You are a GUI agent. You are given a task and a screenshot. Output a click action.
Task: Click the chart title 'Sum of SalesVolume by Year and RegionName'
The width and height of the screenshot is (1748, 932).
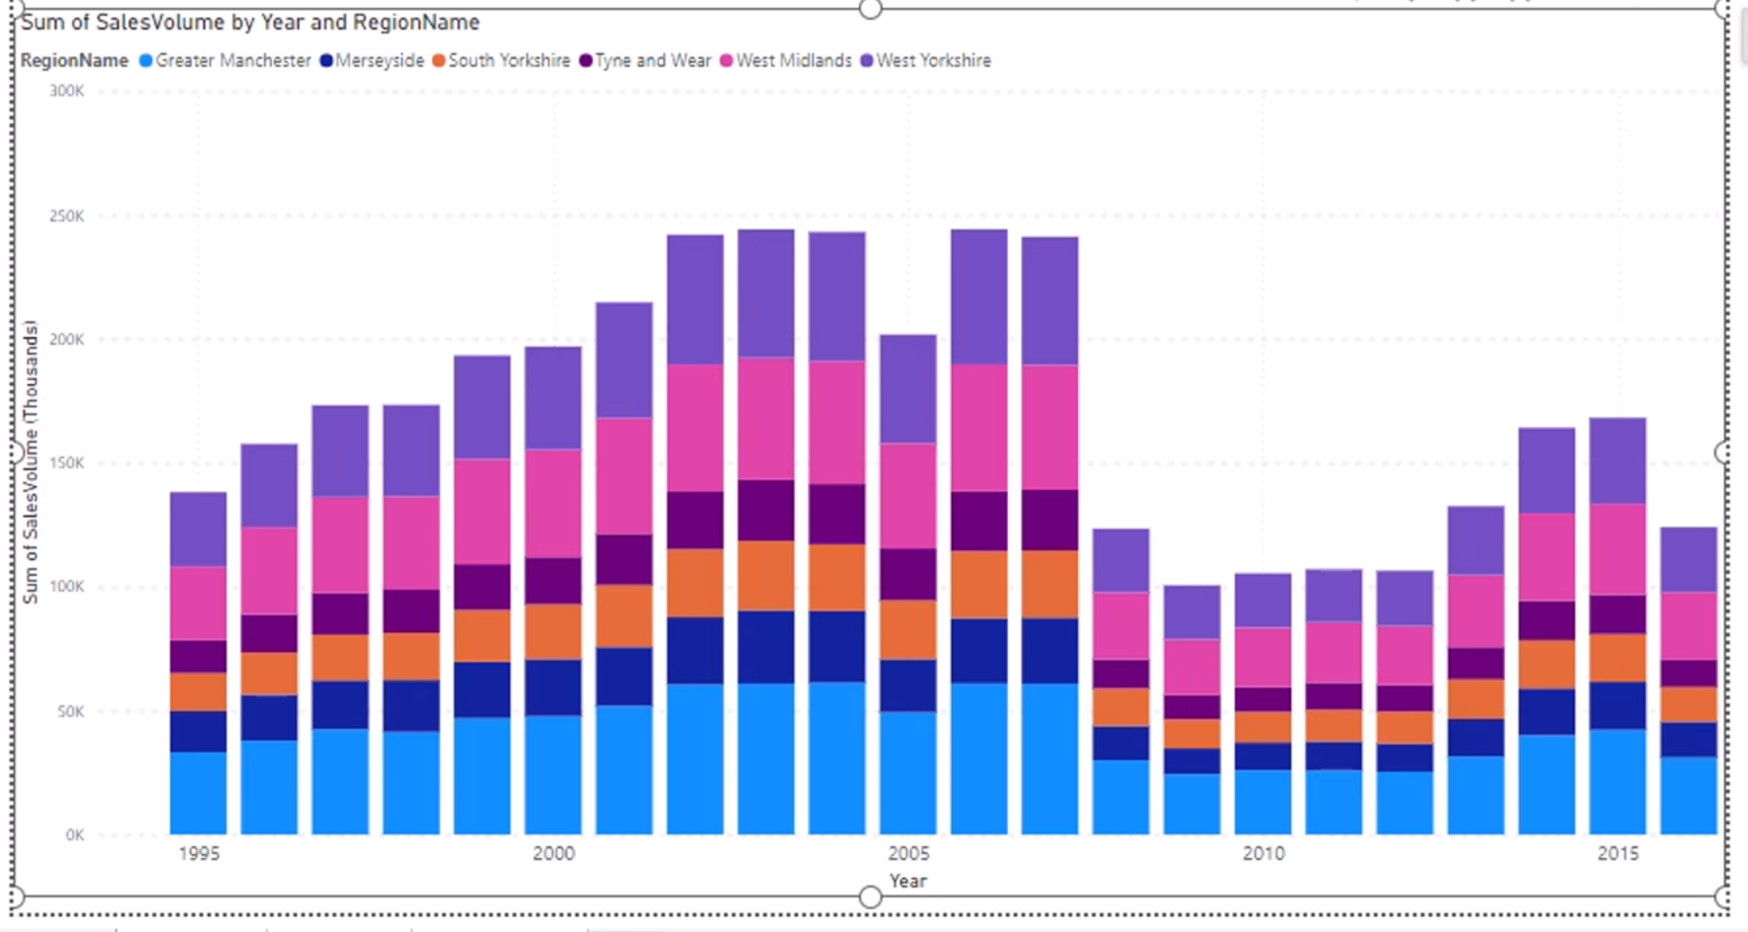click(250, 22)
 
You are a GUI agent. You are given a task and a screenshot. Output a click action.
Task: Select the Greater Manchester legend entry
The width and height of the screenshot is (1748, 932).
click(226, 60)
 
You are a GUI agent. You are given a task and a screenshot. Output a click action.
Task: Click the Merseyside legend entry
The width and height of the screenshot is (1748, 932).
click(372, 60)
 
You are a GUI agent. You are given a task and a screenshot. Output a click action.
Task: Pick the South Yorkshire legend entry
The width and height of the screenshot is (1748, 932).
click(502, 60)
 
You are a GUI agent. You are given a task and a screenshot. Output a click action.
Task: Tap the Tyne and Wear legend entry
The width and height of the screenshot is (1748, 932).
click(646, 60)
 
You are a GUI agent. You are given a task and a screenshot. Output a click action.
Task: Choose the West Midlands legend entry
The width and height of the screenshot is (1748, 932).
click(787, 60)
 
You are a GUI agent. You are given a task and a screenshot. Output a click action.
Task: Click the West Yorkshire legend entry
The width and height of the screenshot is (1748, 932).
click(926, 60)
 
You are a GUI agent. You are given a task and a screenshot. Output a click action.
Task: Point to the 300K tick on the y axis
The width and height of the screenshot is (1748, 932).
click(66, 91)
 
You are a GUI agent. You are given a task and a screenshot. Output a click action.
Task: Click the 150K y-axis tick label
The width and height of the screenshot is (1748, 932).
click(66, 462)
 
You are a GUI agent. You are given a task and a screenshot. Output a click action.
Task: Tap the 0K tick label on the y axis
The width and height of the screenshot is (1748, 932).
click(74, 835)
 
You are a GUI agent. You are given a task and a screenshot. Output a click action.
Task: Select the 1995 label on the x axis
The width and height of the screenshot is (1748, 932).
click(199, 854)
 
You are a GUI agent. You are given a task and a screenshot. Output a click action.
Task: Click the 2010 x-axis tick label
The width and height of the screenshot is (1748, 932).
click(1264, 854)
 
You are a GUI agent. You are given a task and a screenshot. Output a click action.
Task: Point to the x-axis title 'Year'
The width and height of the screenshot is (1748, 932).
click(908, 881)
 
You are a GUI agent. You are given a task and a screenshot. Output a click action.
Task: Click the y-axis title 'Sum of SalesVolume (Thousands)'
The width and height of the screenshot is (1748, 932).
click(30, 462)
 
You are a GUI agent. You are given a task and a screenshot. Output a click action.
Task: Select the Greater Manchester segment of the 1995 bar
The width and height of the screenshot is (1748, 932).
click(199, 793)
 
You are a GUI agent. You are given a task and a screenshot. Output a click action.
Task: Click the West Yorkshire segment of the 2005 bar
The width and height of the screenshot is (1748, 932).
click(908, 389)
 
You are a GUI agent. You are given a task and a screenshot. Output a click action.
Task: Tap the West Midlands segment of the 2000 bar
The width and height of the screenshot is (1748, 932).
click(553, 504)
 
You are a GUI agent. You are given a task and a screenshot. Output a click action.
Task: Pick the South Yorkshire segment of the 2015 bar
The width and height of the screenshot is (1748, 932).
click(1618, 658)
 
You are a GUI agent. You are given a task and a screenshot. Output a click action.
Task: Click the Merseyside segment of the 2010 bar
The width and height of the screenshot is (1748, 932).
click(1264, 756)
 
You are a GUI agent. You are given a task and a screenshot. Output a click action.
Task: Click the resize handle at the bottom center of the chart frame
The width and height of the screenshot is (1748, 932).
click(870, 897)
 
